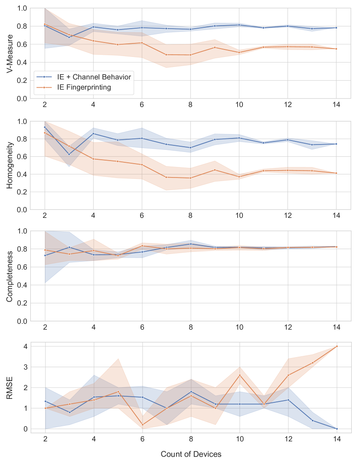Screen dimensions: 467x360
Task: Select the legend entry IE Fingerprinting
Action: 84,87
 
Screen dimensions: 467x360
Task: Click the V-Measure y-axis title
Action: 10,53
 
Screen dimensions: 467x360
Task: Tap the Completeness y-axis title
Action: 10,276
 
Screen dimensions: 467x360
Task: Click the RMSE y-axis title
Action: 10,388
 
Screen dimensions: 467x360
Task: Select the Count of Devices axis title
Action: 191,454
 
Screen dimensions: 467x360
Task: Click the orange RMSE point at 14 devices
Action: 336,346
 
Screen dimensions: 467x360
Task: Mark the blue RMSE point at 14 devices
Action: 336,429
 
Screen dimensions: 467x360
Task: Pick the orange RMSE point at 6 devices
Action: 142,424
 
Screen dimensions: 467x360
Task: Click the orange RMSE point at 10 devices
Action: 239,375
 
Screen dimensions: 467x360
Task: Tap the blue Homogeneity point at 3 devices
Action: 69,154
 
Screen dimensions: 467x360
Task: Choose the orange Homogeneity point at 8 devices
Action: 190,178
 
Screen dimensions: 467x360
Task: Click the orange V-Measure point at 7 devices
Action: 166,55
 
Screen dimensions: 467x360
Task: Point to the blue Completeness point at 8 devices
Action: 190,244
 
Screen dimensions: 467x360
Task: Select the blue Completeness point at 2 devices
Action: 45,255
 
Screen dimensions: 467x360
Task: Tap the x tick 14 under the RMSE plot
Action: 336,439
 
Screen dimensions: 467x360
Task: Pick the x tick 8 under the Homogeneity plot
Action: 190,216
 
